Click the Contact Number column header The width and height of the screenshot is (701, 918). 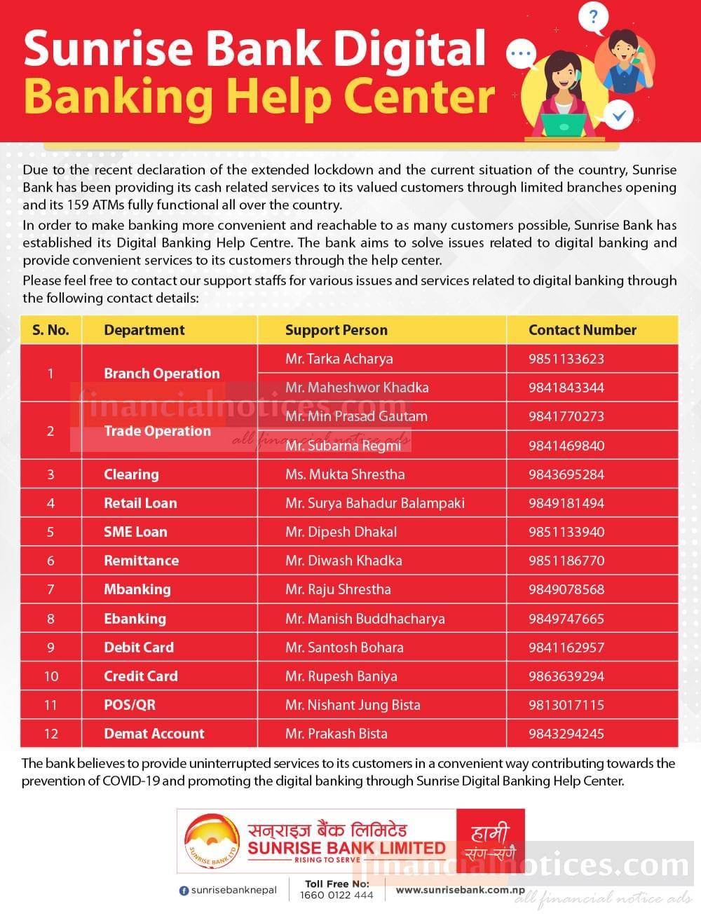click(582, 330)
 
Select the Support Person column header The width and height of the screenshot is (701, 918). click(336, 330)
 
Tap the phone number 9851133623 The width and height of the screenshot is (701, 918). click(566, 359)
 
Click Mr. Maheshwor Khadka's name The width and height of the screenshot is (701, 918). click(356, 388)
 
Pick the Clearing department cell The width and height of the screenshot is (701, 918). click(131, 474)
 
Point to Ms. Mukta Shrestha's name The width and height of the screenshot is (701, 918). click(344, 474)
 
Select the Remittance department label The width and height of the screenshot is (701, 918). click(141, 561)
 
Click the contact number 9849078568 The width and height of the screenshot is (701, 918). click(566, 589)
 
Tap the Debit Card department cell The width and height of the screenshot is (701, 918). click(138, 648)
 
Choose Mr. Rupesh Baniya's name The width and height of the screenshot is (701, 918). click(341, 676)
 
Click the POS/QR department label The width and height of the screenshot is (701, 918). click(129, 705)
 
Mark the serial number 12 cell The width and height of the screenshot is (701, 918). click(50, 734)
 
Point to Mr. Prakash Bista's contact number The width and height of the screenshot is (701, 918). click(566, 734)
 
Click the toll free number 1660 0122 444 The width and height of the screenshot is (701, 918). click(336, 895)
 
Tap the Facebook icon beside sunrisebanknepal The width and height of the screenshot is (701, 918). click(184, 891)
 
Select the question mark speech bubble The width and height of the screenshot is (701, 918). click(593, 18)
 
